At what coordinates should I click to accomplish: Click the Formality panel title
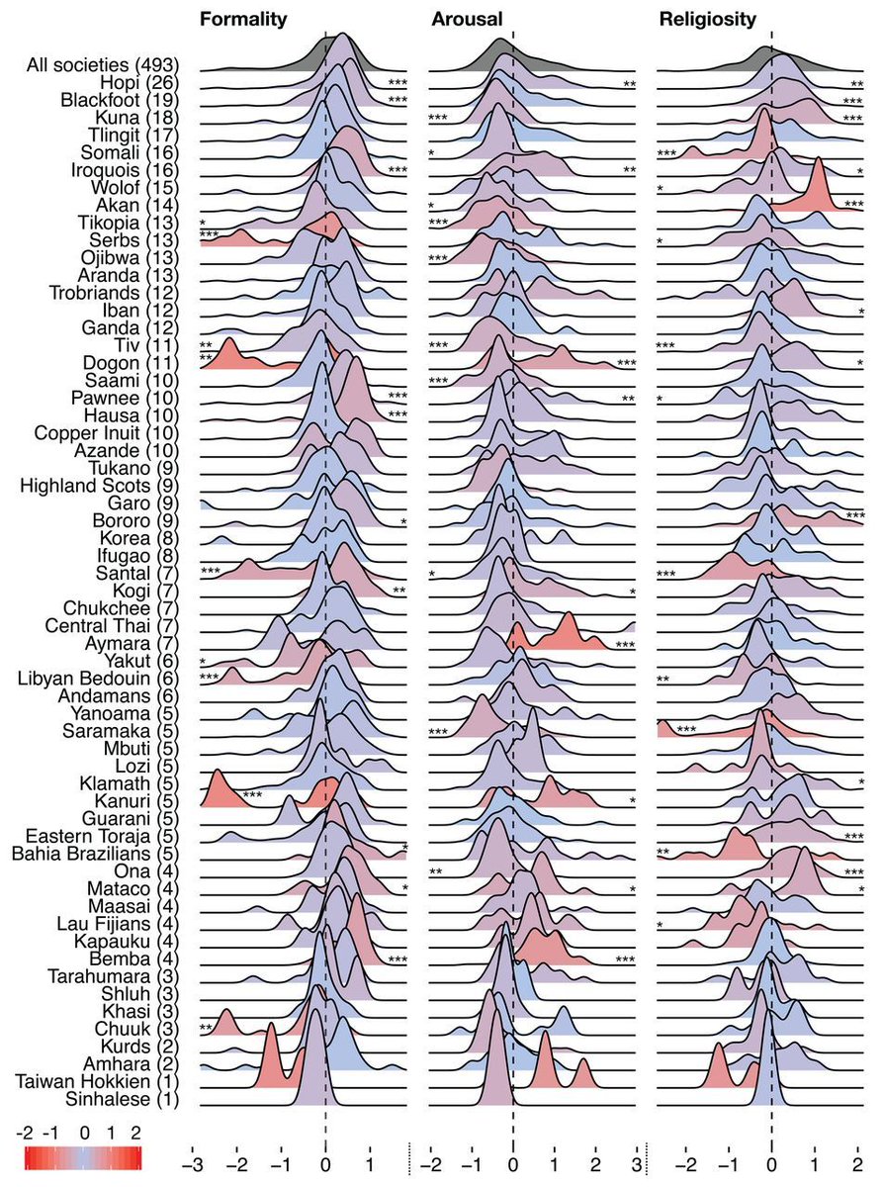[243, 18]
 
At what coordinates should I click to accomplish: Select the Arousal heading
[467, 18]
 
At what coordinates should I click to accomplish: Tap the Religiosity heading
[708, 18]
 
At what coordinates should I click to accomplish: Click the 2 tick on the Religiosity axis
[855, 1152]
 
